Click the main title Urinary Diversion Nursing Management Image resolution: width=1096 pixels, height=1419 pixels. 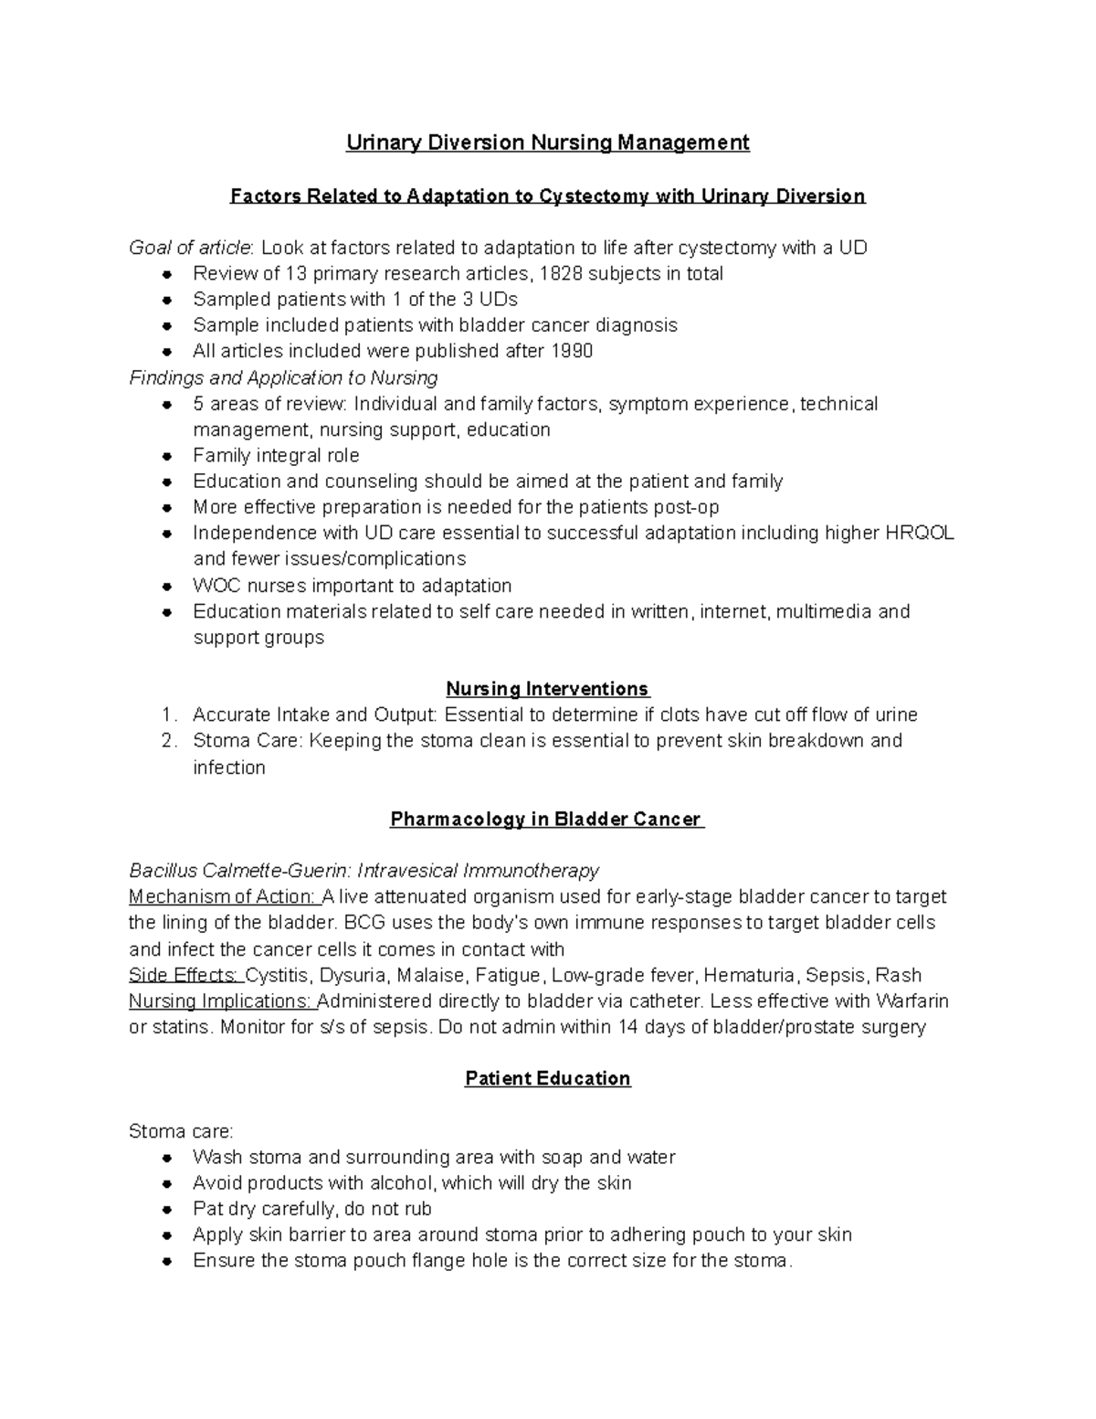click(x=547, y=143)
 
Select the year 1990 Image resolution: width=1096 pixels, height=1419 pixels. click(x=572, y=352)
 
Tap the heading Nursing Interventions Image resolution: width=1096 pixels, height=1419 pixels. click(x=547, y=689)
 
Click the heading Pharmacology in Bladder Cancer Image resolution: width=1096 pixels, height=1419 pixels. click(x=547, y=820)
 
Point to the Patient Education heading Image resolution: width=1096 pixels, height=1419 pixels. click(x=547, y=1079)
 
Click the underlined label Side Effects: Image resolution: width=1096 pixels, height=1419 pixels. click(x=185, y=975)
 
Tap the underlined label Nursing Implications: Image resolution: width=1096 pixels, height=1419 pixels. click(x=221, y=1001)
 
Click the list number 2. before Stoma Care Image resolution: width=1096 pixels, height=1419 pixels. click(x=168, y=741)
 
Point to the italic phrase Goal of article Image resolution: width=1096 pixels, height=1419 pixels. click(x=189, y=248)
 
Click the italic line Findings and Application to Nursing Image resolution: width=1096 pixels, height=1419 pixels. click(x=283, y=378)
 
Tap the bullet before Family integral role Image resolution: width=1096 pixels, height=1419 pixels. click(x=166, y=457)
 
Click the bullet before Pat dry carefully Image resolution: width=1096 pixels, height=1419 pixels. click(x=166, y=1210)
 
